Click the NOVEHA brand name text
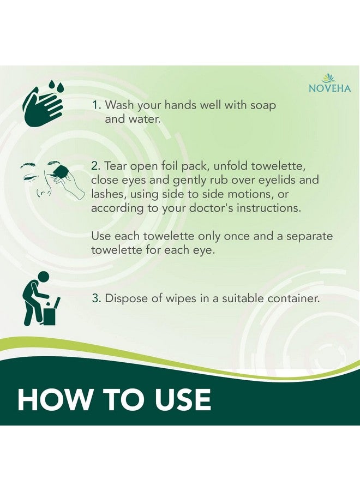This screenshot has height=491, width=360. click(x=329, y=88)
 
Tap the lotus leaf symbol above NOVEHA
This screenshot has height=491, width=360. click(x=328, y=77)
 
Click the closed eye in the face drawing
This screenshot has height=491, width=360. click(x=29, y=177)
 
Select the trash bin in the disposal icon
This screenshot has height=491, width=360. click(x=51, y=314)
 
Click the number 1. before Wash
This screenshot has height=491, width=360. click(x=97, y=105)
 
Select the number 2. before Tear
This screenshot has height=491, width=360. click(x=96, y=166)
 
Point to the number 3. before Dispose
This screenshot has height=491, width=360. click(x=97, y=298)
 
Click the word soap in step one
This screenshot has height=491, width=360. click(x=263, y=106)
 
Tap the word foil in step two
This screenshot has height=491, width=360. click(x=171, y=166)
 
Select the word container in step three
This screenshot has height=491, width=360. click(x=293, y=298)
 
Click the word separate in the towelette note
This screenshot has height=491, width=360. click(x=310, y=236)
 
